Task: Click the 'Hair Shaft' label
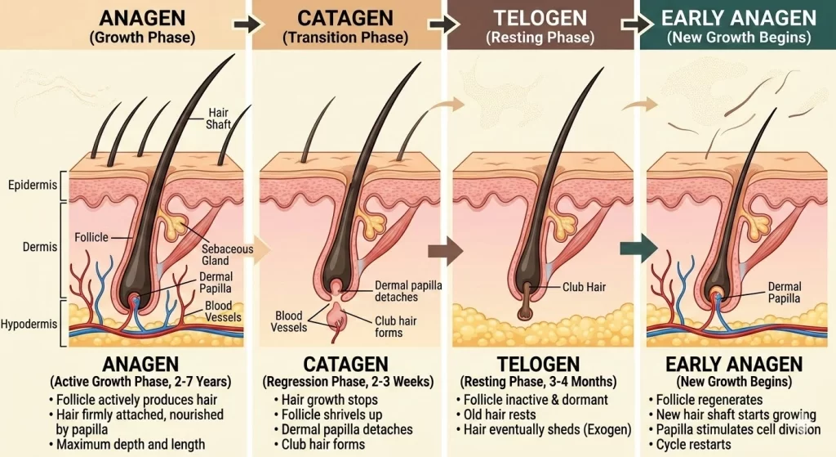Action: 218,119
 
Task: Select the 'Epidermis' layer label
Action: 33,185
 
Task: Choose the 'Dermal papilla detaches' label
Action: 408,291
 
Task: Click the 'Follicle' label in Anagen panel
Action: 91,237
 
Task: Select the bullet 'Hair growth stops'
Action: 330,400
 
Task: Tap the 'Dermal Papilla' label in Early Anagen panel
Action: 785,293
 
